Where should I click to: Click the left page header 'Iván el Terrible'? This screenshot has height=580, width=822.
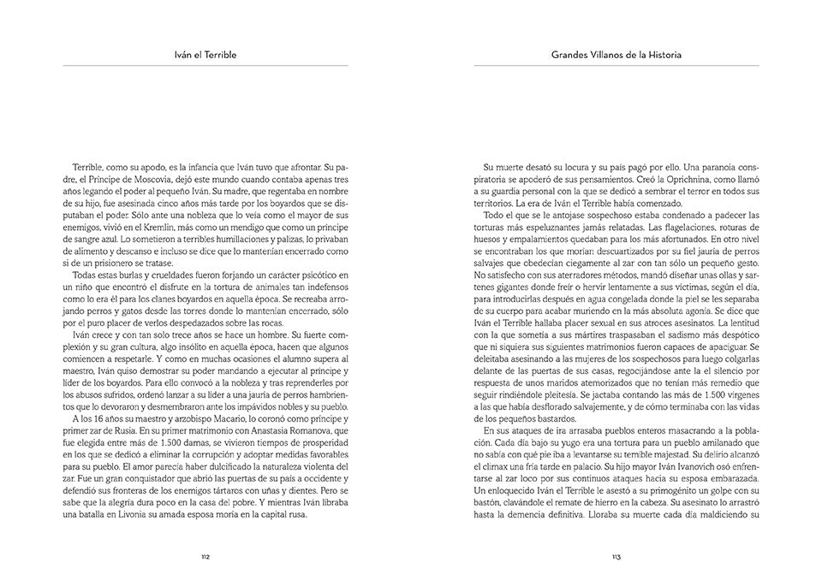[x=205, y=55]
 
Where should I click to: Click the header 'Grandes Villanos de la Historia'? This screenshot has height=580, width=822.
[x=616, y=55]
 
